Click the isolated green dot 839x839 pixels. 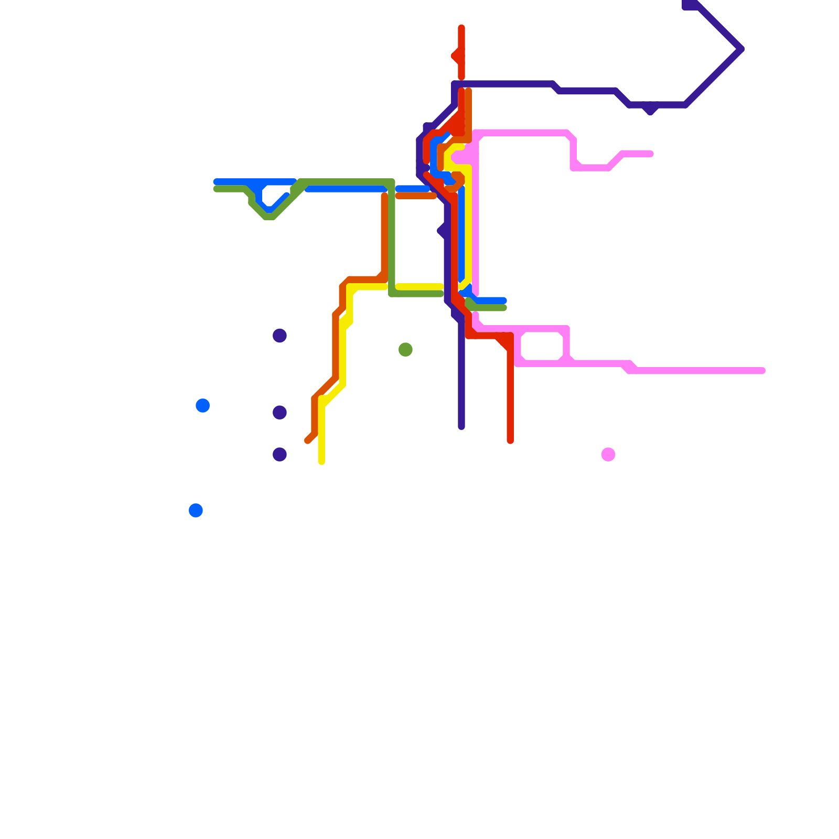click(x=405, y=349)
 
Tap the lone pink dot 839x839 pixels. click(x=608, y=454)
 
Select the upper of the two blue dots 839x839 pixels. click(x=203, y=405)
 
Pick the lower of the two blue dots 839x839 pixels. click(x=196, y=510)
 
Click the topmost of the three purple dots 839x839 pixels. click(x=279, y=336)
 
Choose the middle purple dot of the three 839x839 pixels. click(x=279, y=413)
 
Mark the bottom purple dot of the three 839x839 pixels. click(x=279, y=454)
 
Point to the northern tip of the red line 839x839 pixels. click(x=461, y=27)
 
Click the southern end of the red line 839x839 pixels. click(x=510, y=441)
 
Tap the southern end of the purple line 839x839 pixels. click(x=461, y=427)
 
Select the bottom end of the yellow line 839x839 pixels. click(x=321, y=462)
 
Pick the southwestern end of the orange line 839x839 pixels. click(x=308, y=441)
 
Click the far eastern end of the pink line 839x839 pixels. click(x=762, y=371)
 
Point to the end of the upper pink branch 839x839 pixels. click(x=651, y=154)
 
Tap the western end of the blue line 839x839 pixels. click(x=216, y=182)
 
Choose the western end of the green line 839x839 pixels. click(x=216, y=189)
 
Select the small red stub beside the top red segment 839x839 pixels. click(x=454, y=56)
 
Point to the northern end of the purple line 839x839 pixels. click(x=685, y=6)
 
